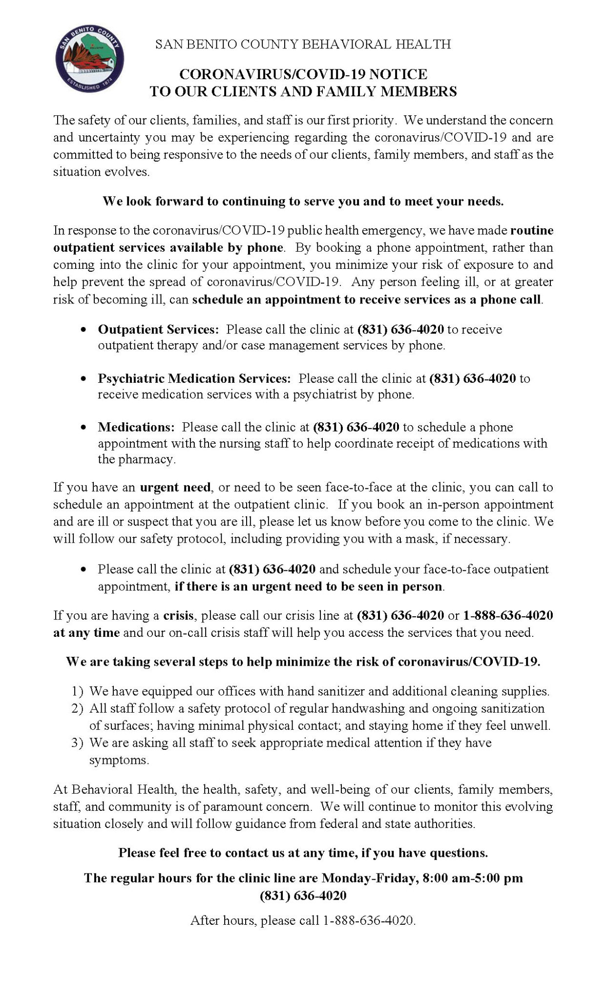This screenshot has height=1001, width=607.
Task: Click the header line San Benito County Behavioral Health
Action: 303,44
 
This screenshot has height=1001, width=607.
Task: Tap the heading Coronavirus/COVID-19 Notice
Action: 303,74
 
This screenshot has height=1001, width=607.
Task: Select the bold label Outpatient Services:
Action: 159,329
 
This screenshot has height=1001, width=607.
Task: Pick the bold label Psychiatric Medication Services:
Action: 194,378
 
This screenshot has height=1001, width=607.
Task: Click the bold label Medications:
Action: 136,427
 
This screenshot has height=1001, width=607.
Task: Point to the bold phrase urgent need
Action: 175,487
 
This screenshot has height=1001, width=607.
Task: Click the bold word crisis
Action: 179,615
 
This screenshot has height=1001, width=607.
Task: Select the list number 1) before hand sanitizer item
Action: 78,692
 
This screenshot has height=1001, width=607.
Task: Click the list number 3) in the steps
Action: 78,743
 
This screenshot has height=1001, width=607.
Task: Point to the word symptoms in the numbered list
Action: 119,761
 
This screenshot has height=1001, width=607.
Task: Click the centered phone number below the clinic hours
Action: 303,895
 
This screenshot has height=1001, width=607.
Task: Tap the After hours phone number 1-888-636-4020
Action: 369,921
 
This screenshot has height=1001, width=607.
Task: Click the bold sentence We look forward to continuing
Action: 303,201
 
